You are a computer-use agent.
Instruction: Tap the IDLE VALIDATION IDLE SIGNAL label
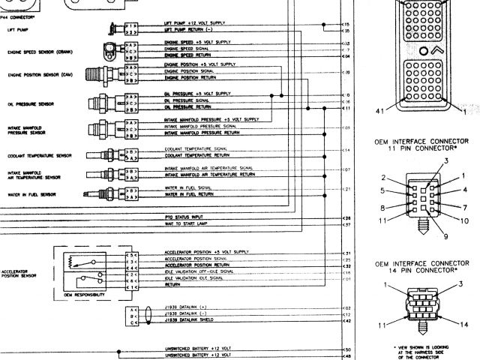(193, 278)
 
